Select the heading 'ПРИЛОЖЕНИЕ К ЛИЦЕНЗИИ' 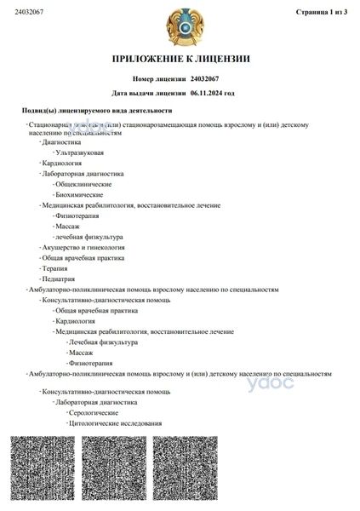click(x=180, y=59)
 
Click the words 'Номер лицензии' click(x=163, y=78)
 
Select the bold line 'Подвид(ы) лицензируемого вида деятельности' click(x=97, y=111)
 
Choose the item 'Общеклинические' click(x=83, y=184)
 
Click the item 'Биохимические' click(x=79, y=195)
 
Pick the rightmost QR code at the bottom click(x=181, y=471)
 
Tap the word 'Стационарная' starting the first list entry click(x=53, y=125)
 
